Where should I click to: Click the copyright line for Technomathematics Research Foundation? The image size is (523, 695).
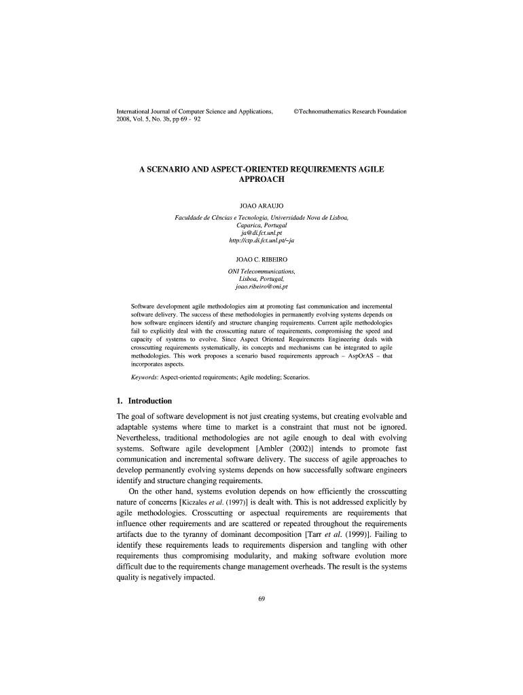click(x=350, y=111)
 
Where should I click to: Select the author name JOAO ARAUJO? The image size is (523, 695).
click(x=261, y=204)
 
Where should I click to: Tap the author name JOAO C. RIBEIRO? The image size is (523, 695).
click(x=261, y=259)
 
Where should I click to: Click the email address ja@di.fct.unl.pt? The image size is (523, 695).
click(x=261, y=232)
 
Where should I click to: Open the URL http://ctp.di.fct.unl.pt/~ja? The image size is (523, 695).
click(x=261, y=240)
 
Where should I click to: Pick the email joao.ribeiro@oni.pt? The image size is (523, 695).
click(x=261, y=287)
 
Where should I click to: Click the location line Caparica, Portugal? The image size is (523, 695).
click(x=261, y=225)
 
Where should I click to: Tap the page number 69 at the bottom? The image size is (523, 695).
click(x=261, y=597)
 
